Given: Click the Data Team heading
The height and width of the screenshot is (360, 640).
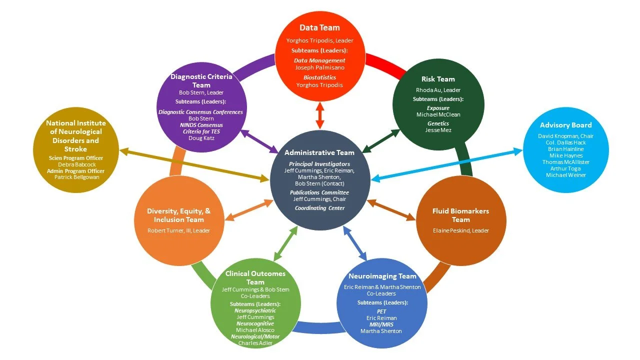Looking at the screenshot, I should (319, 28).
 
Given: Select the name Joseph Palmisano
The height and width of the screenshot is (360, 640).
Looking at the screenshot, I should (319, 67).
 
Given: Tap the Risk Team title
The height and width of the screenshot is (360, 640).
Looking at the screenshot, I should (438, 79).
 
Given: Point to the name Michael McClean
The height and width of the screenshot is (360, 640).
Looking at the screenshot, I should (438, 114).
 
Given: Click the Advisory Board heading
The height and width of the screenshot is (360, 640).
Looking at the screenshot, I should (565, 125).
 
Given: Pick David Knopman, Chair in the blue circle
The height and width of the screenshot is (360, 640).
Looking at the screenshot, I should (565, 136).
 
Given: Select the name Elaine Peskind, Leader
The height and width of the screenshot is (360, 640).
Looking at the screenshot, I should (460, 230).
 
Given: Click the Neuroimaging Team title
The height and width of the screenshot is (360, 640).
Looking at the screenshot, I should (382, 276).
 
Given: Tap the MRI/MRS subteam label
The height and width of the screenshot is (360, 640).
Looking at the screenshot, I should (382, 324).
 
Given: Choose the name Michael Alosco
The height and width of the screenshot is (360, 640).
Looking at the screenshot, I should (255, 330).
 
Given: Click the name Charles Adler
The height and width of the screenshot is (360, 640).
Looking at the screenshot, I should (255, 343).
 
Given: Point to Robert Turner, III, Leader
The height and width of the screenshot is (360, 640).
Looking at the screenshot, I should (178, 230).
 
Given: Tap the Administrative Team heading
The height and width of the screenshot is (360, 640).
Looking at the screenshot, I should (319, 152).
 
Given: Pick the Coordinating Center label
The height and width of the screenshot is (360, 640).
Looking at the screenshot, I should (319, 208).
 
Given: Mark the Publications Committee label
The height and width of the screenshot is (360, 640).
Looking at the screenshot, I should (319, 192).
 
